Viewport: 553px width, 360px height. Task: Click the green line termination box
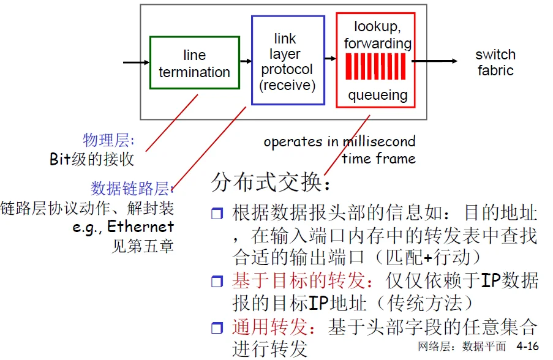point(194,63)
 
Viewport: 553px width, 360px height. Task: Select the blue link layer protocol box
point(287,60)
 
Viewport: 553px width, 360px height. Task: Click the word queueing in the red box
point(377,95)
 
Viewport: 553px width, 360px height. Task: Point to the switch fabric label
point(495,62)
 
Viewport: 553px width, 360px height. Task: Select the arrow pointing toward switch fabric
point(435,61)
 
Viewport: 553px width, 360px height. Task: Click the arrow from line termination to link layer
point(245,61)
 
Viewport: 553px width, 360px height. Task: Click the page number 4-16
point(528,347)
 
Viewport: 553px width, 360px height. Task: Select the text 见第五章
point(143,246)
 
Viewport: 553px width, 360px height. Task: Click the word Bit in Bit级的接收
point(60,159)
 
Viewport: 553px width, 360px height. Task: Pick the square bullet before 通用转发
point(218,328)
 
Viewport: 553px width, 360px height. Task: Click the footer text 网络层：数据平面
point(462,347)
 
